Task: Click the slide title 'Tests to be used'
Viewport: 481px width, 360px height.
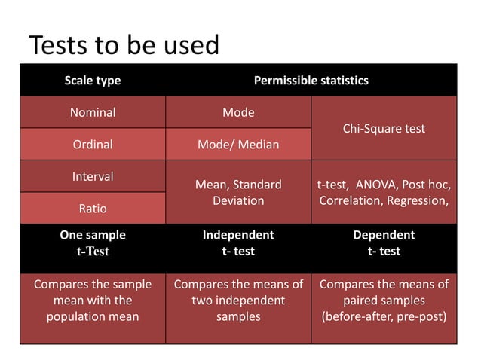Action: (124, 46)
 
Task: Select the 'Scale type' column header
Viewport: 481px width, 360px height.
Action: (92, 80)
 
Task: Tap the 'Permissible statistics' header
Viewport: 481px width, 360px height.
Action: (311, 80)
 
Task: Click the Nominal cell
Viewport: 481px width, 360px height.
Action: (92, 112)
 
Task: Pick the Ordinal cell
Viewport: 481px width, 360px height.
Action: (92, 144)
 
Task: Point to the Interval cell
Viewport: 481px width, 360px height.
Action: (92, 176)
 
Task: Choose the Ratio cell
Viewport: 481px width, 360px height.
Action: (92, 208)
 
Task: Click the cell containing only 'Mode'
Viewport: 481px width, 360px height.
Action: (237, 112)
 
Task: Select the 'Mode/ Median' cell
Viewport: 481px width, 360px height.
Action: (237, 144)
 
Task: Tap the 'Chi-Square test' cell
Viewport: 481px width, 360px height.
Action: (383, 128)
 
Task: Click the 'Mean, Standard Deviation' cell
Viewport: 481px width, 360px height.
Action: (237, 192)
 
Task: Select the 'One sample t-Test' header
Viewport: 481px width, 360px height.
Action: (92, 243)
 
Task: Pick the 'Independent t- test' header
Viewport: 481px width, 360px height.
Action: (237, 243)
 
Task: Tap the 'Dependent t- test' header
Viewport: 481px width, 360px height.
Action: (383, 243)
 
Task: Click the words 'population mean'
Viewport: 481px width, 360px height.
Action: (92, 316)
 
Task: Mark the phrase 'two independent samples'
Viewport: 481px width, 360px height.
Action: (237, 309)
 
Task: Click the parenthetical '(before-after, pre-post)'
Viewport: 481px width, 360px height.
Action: (383, 316)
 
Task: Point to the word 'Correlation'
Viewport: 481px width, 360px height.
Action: (352, 201)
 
